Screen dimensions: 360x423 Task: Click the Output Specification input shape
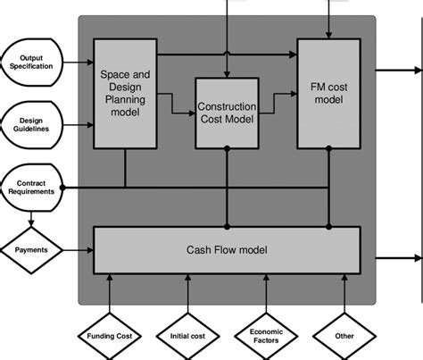pos(31,63)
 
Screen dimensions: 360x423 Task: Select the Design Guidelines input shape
pos(31,124)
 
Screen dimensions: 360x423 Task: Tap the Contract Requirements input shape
pos(31,186)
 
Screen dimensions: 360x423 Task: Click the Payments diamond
pos(31,249)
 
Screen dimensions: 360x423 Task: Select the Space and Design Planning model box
pos(125,93)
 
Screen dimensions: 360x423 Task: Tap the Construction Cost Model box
pos(227,113)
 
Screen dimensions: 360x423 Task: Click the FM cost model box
pos(329,93)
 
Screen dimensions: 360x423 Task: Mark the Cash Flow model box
pos(227,249)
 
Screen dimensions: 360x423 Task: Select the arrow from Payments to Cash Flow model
pos(79,249)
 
